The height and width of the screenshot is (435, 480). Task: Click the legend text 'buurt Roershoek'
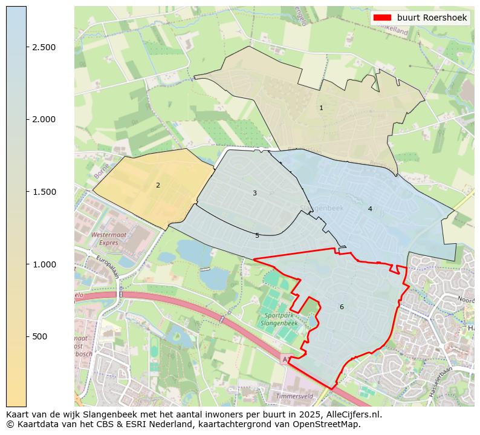pyautogui.click(x=432, y=18)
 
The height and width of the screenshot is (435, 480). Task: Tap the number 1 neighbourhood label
pyautogui.click(x=321, y=108)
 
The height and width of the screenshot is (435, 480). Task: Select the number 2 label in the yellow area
pyautogui.click(x=158, y=185)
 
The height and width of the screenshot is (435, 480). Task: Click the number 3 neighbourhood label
pyautogui.click(x=255, y=193)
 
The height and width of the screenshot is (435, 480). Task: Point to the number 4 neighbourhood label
pyautogui.click(x=370, y=209)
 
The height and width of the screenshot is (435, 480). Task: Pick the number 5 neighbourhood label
pyautogui.click(x=257, y=235)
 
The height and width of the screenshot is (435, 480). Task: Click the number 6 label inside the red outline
pyautogui.click(x=342, y=307)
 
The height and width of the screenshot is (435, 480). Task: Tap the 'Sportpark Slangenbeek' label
pyautogui.click(x=279, y=319)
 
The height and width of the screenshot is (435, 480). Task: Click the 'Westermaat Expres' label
pyautogui.click(x=105, y=238)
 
